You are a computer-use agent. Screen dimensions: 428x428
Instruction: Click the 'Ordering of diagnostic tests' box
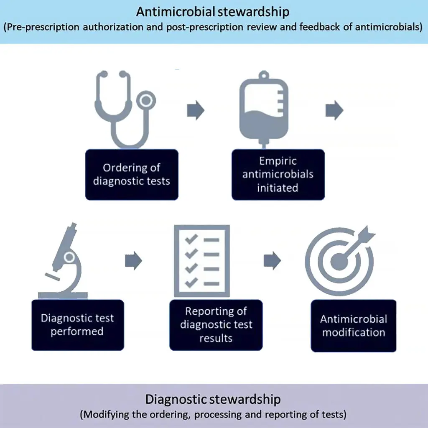tap(132, 174)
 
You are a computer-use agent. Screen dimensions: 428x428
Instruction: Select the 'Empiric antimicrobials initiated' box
tap(278, 174)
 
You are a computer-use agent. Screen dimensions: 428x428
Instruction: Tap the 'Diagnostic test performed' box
tap(78, 325)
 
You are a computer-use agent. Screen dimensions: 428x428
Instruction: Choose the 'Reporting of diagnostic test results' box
tap(216, 325)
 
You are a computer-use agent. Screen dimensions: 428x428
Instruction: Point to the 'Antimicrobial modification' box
tap(354, 326)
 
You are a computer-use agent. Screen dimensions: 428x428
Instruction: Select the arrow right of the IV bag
tap(334, 110)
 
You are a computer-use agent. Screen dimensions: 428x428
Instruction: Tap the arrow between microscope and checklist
tap(134, 261)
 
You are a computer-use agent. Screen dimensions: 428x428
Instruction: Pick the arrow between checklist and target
tap(273, 261)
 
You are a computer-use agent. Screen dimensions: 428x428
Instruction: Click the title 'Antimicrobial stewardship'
tap(213, 11)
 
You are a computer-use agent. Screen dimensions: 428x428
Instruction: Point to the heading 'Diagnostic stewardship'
tap(213, 399)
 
